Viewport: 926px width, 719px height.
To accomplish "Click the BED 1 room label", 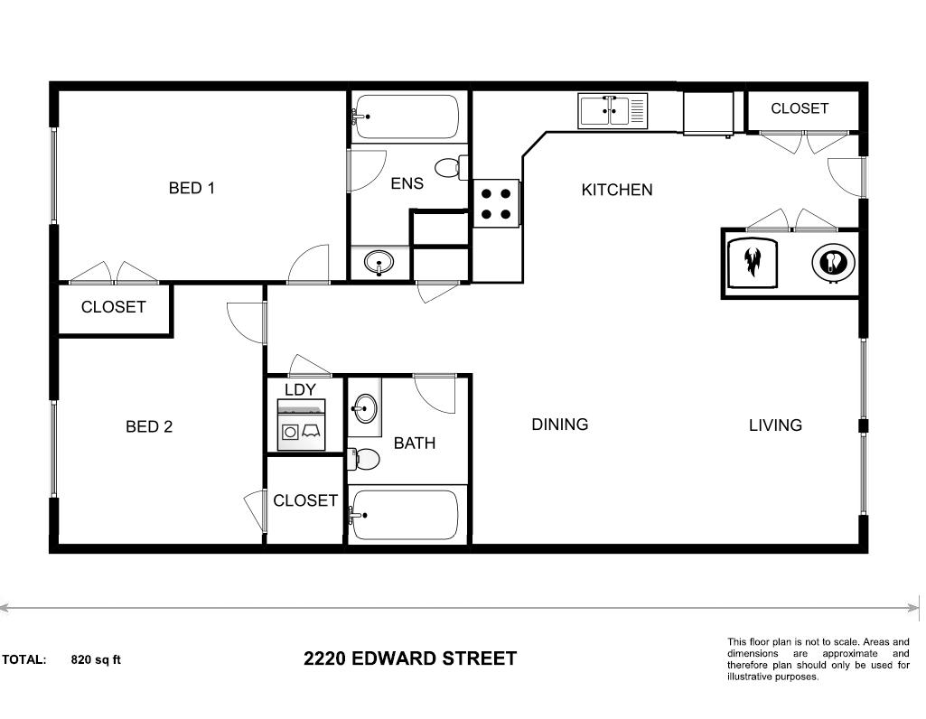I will click(x=192, y=189).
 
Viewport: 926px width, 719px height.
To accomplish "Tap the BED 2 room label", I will click(x=148, y=427).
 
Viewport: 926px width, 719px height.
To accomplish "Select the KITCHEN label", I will click(x=616, y=191).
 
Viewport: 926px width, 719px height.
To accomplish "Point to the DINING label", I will click(x=559, y=425).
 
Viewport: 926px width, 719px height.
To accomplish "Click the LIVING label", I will click(x=775, y=425).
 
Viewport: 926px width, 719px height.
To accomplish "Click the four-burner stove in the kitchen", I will click(x=496, y=203).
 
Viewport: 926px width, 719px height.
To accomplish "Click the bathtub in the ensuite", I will click(x=406, y=117).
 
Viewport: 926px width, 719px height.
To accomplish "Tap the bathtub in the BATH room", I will click(x=406, y=515).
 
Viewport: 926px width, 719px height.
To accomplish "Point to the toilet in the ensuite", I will click(x=449, y=168).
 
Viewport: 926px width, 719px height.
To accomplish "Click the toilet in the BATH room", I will click(x=364, y=459).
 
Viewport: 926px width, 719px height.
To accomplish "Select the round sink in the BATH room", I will click(x=365, y=408).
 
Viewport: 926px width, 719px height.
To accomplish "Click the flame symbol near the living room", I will click(x=752, y=262).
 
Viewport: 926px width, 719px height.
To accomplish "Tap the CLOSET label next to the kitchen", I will click(x=800, y=108).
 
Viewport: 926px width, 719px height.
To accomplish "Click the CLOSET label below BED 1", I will click(x=113, y=307).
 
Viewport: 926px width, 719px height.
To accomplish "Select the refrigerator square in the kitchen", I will click(x=709, y=112).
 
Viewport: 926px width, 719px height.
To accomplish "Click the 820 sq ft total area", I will click(x=96, y=659).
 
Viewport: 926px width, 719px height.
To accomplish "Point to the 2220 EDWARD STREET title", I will click(x=410, y=658).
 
